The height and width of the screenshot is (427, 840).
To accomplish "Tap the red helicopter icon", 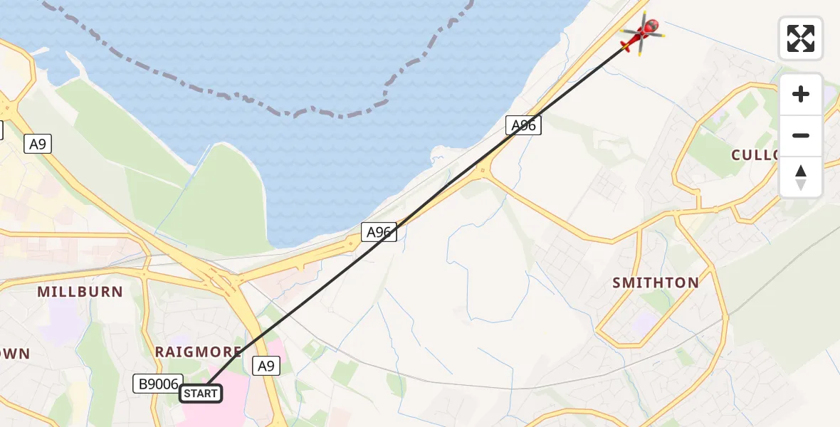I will click(642, 33).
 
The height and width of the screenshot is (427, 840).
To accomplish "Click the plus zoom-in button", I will click(801, 95).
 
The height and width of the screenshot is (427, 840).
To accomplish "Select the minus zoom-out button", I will click(801, 135).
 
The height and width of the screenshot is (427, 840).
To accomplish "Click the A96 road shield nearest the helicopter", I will click(524, 126).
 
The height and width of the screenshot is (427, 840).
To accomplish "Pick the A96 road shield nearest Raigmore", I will click(379, 232).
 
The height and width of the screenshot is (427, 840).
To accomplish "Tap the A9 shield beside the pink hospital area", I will click(266, 366).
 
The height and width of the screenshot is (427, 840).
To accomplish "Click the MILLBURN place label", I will click(80, 292).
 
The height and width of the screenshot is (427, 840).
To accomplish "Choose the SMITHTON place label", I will click(656, 283).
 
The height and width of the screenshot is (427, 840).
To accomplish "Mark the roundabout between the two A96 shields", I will click(483, 171).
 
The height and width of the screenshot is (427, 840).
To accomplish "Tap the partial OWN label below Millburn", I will click(14, 354).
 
